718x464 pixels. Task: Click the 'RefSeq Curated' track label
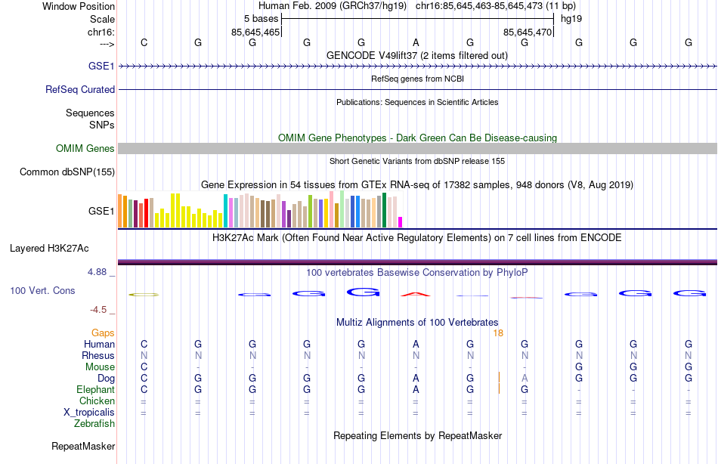click(80, 89)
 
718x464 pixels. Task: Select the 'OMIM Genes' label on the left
click(85, 149)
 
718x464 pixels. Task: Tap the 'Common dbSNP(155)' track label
click(67, 172)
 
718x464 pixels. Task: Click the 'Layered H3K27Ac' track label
click(49, 248)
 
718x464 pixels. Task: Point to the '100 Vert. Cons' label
click(43, 290)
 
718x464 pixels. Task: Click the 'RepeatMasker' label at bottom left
click(83, 447)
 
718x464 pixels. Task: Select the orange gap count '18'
click(498, 333)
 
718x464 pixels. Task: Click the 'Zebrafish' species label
click(95, 424)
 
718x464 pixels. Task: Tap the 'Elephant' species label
click(95, 390)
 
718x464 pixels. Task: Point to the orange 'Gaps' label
click(103, 333)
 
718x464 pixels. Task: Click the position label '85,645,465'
click(255, 32)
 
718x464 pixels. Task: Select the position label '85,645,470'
click(528, 32)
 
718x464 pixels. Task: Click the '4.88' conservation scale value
click(101, 272)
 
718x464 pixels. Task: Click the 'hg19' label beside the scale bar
click(571, 18)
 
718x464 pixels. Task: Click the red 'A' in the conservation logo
click(416, 293)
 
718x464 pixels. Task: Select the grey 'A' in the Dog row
click(525, 378)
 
